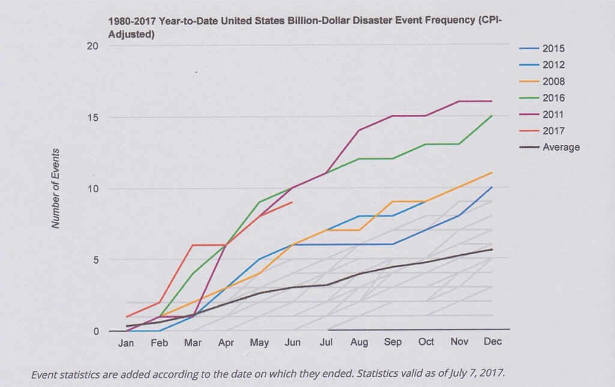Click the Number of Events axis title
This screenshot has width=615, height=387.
coord(56,188)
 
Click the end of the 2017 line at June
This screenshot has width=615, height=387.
coord(292,203)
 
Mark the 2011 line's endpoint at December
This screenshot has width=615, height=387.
coord(492,101)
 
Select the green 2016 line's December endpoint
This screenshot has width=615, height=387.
coord(492,116)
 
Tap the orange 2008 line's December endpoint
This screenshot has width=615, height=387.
coord(492,172)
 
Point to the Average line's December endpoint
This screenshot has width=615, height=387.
coord(492,249)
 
